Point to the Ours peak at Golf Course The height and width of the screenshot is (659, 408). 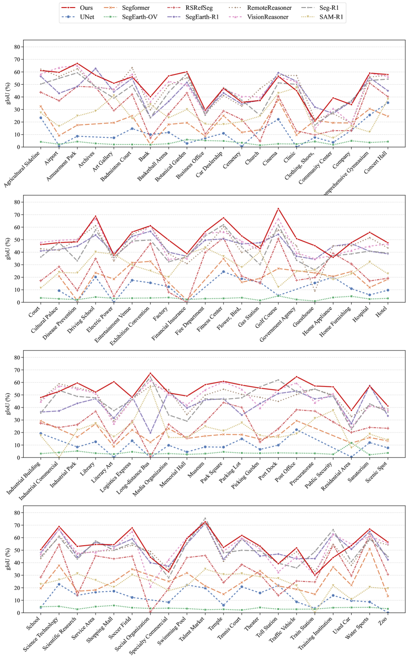coord(278,208)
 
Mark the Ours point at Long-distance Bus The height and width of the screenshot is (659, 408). coord(150,373)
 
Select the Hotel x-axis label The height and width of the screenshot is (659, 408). coord(383,310)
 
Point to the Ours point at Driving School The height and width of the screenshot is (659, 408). coord(96,216)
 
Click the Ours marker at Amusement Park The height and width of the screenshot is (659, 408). coord(77,63)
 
